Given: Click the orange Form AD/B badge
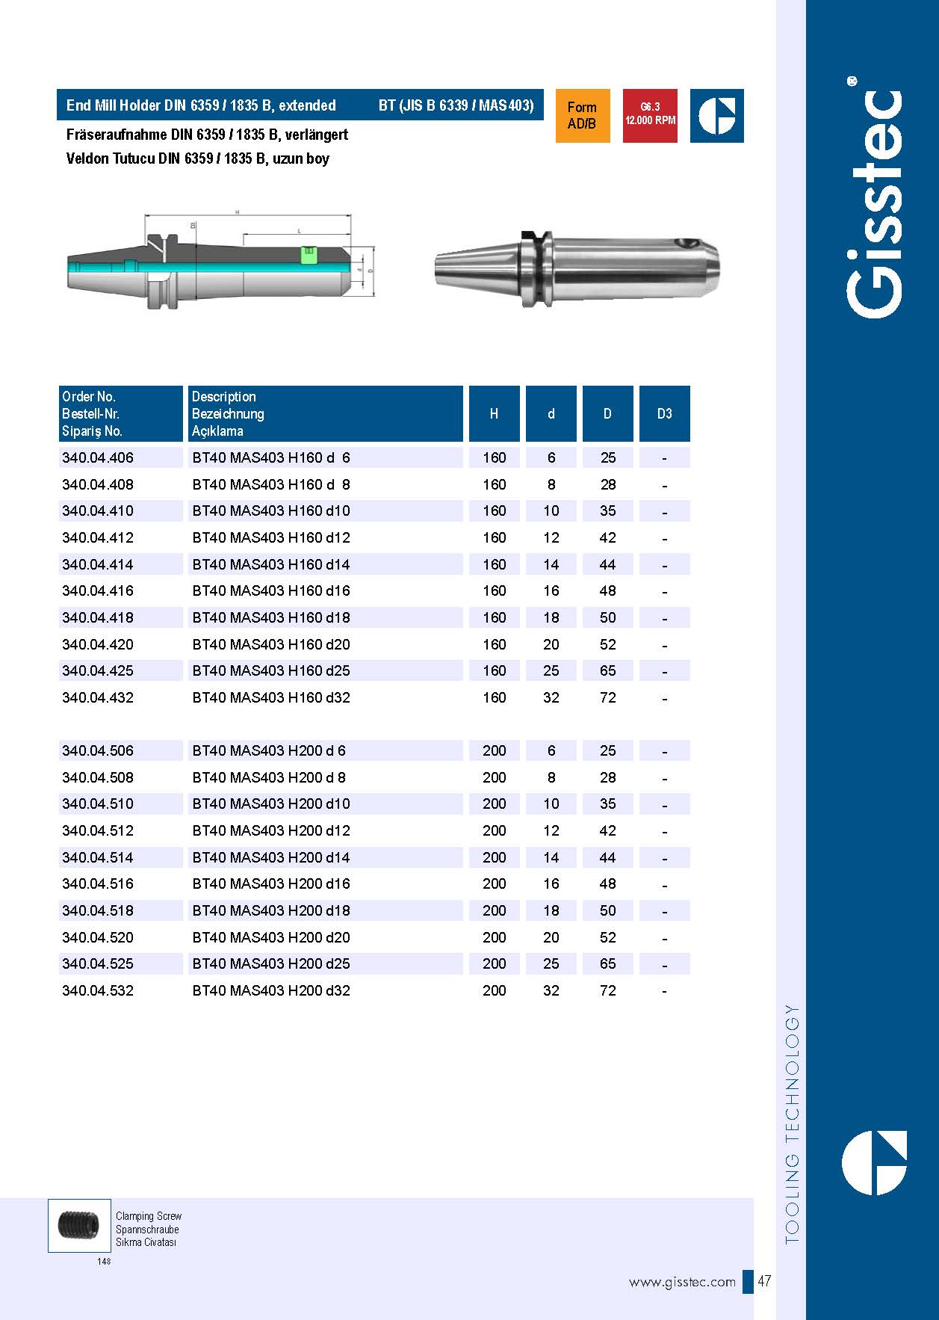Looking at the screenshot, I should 582,116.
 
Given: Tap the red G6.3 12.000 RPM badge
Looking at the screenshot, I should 650,115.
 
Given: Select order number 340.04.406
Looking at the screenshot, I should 98,457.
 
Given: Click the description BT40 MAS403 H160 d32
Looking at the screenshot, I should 271,697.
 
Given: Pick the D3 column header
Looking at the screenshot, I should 664,413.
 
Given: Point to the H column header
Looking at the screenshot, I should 494,413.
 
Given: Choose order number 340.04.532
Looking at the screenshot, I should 98,990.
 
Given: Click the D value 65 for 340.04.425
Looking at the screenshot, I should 608,670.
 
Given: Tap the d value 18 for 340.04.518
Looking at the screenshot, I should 551,910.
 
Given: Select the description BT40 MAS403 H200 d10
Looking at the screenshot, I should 271,804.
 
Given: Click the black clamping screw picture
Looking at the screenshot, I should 78,1225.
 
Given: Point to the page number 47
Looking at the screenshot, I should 764,1282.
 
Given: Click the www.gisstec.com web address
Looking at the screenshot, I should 682,1283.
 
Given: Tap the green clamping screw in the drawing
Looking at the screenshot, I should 308,254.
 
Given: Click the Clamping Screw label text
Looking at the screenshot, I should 149,1216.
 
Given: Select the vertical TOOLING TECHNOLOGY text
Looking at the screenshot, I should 793,1125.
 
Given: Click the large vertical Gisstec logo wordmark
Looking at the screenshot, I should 875,202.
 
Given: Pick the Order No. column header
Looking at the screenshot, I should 89,397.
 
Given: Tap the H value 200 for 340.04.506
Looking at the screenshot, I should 494,750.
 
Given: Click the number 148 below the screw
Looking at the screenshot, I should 104,1262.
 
